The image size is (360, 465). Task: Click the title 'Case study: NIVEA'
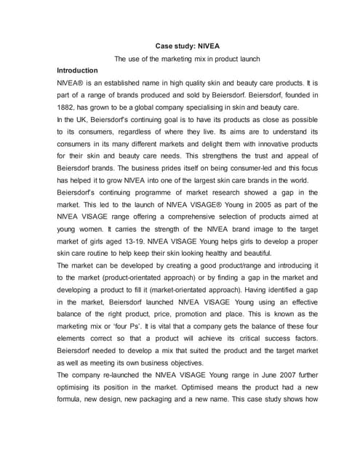[x=180, y=45]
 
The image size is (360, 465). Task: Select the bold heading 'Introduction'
[x=77, y=70]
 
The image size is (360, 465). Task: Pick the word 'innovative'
[x=255, y=145]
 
